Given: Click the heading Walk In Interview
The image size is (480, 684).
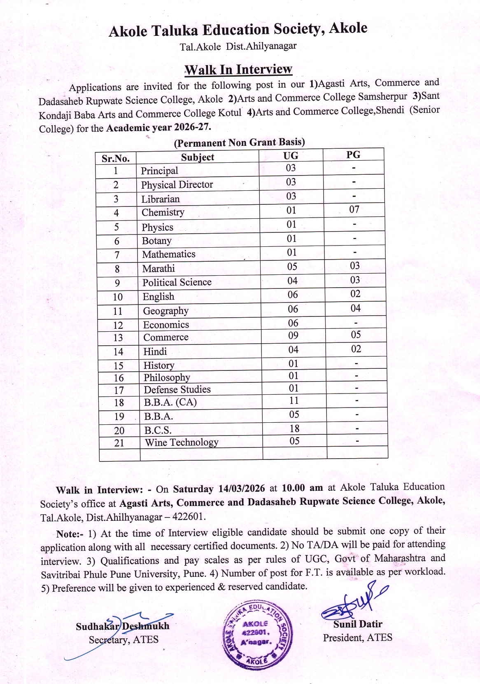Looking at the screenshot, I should tap(238, 69).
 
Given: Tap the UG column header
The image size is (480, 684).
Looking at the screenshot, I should tap(291, 156).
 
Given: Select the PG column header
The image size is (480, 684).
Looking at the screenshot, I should tap(353, 155).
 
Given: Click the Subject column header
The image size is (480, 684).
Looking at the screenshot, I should tap(198, 157).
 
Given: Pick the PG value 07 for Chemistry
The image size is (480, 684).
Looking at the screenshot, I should tap(354, 210).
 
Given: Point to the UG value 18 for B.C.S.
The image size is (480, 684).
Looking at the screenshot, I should tap(294, 429).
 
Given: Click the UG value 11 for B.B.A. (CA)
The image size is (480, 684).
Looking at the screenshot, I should tap(294, 401).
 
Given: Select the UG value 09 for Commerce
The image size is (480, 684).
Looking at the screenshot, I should tap(293, 336).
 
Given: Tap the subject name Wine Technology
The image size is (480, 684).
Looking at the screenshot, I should tap(182, 443).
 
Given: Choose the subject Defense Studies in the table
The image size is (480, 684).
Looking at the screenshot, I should tap(177, 390).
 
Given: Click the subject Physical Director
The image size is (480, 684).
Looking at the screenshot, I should tap(177, 185).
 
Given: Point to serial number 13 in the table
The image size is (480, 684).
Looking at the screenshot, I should tap(118, 338).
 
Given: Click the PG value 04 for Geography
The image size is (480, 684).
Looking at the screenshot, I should tap(355, 308).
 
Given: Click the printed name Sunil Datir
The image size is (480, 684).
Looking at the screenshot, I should tap(358, 624).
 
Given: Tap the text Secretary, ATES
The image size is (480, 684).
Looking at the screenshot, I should tap(123, 639).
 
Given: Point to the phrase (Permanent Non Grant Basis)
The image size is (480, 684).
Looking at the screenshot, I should tap(239, 143).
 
